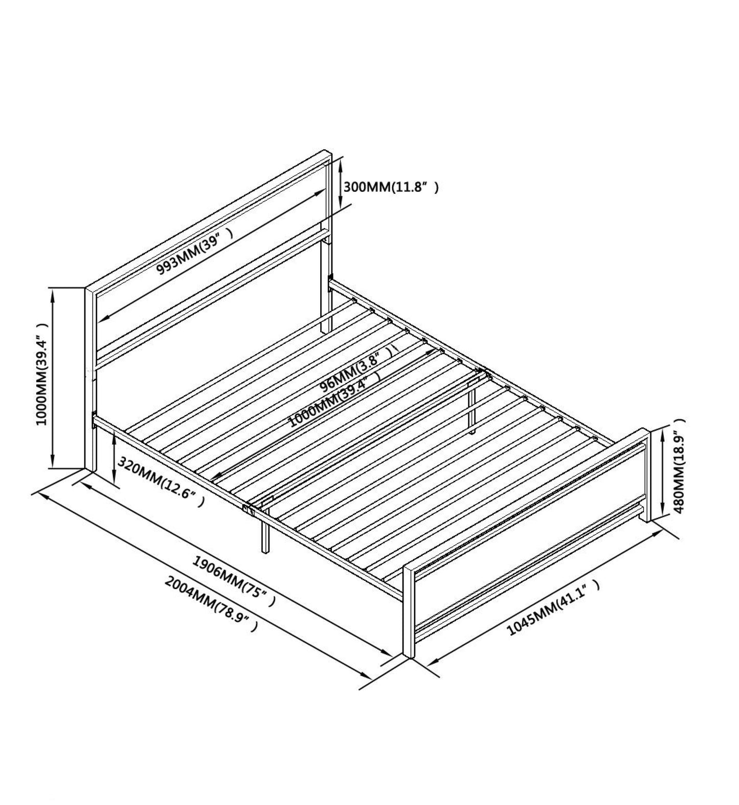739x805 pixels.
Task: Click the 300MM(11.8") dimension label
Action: tap(390, 187)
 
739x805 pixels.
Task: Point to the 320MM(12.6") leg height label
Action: tap(161, 481)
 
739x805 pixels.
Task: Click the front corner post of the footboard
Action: tap(409, 612)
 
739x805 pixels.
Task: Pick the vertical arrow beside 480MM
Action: tap(663, 473)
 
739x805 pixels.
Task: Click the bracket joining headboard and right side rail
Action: tap(331, 280)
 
